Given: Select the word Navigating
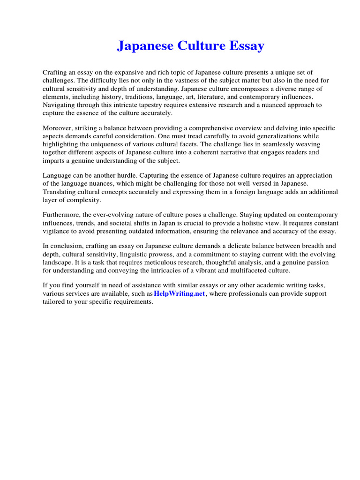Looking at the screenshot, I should pos(59,105).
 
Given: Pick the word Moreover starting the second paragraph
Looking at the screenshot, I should pos(58,128).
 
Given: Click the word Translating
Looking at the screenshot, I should pos(60,192).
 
